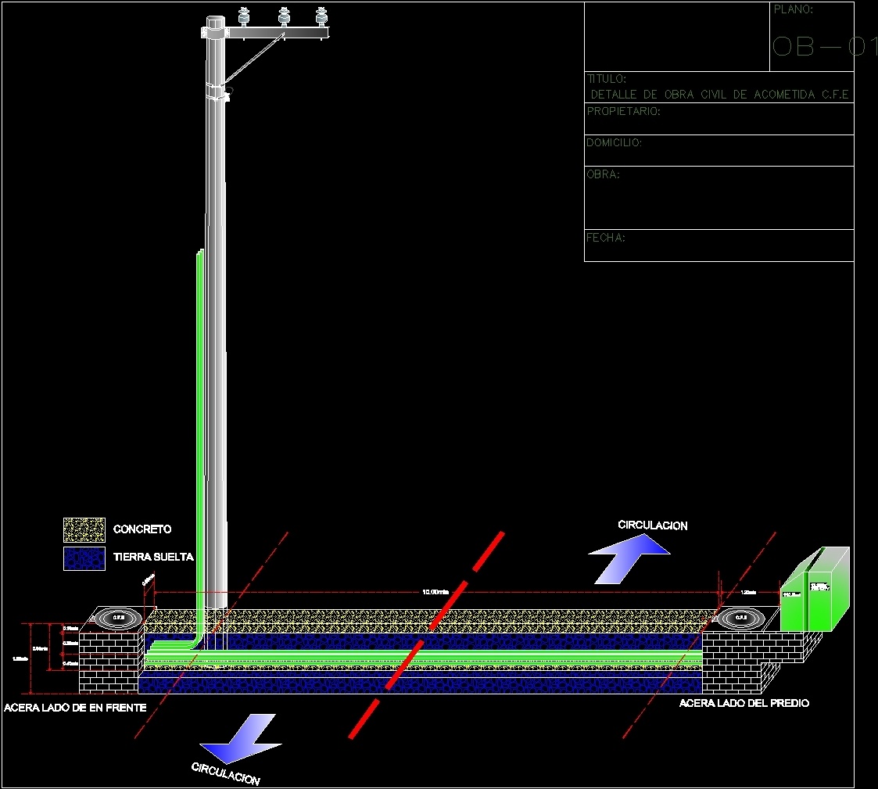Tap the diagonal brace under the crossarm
[253, 59]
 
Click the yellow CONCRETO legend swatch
[84, 529]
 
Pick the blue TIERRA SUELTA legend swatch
[84, 558]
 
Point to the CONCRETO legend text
[142, 529]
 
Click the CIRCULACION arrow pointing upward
[629, 558]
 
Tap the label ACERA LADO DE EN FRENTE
[75, 708]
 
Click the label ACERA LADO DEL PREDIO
[744, 703]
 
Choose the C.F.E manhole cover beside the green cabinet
[740, 618]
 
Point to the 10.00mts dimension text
[435, 592]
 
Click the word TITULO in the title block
[607, 79]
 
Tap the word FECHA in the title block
[606, 238]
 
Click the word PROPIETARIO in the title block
[623, 111]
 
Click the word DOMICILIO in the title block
[614, 142]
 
